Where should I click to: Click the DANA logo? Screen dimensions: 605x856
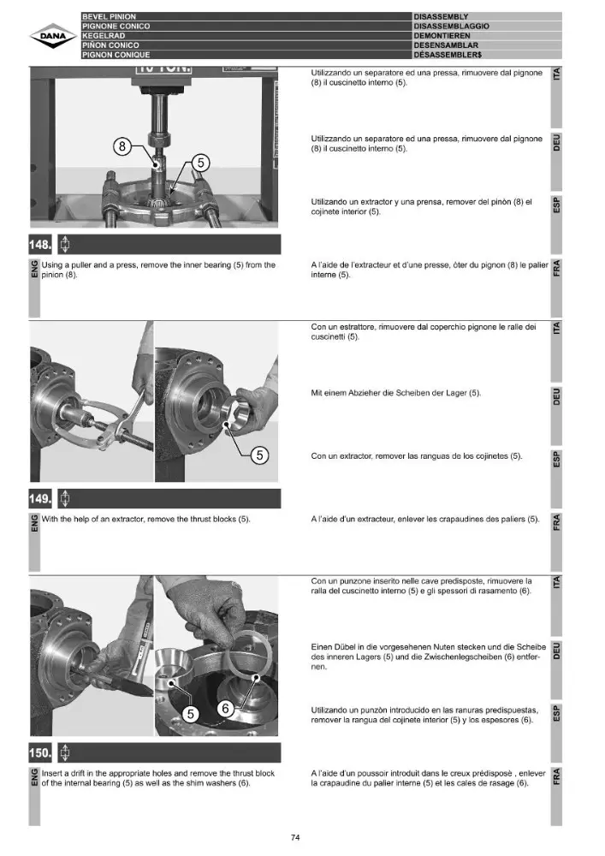pyautogui.click(x=54, y=37)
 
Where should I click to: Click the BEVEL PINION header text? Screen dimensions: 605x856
pyautogui.click(x=110, y=17)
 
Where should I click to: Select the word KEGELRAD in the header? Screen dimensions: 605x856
pyautogui.click(x=104, y=35)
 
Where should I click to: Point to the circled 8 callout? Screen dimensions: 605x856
pyautogui.click(x=122, y=146)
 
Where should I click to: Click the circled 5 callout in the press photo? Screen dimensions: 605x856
pyautogui.click(x=201, y=163)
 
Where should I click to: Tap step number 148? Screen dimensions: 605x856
pyautogui.click(x=40, y=245)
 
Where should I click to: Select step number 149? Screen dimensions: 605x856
pyautogui.click(x=40, y=498)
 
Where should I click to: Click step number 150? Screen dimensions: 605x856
pyautogui.click(x=40, y=752)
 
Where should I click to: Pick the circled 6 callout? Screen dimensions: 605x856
pyautogui.click(x=225, y=708)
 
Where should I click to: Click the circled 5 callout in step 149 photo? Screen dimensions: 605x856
pyautogui.click(x=259, y=455)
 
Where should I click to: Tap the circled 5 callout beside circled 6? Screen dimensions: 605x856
pyautogui.click(x=190, y=715)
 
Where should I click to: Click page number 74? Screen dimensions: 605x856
pyautogui.click(x=295, y=837)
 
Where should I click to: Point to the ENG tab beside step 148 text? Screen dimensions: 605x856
pyautogui.click(x=34, y=269)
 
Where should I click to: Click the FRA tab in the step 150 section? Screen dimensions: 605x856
pyautogui.click(x=556, y=776)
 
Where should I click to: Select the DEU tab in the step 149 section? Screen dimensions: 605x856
pyautogui.click(x=556, y=396)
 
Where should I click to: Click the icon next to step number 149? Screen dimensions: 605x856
pyautogui.click(x=64, y=498)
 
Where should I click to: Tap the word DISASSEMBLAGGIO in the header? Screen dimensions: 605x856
pyautogui.click(x=452, y=27)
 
